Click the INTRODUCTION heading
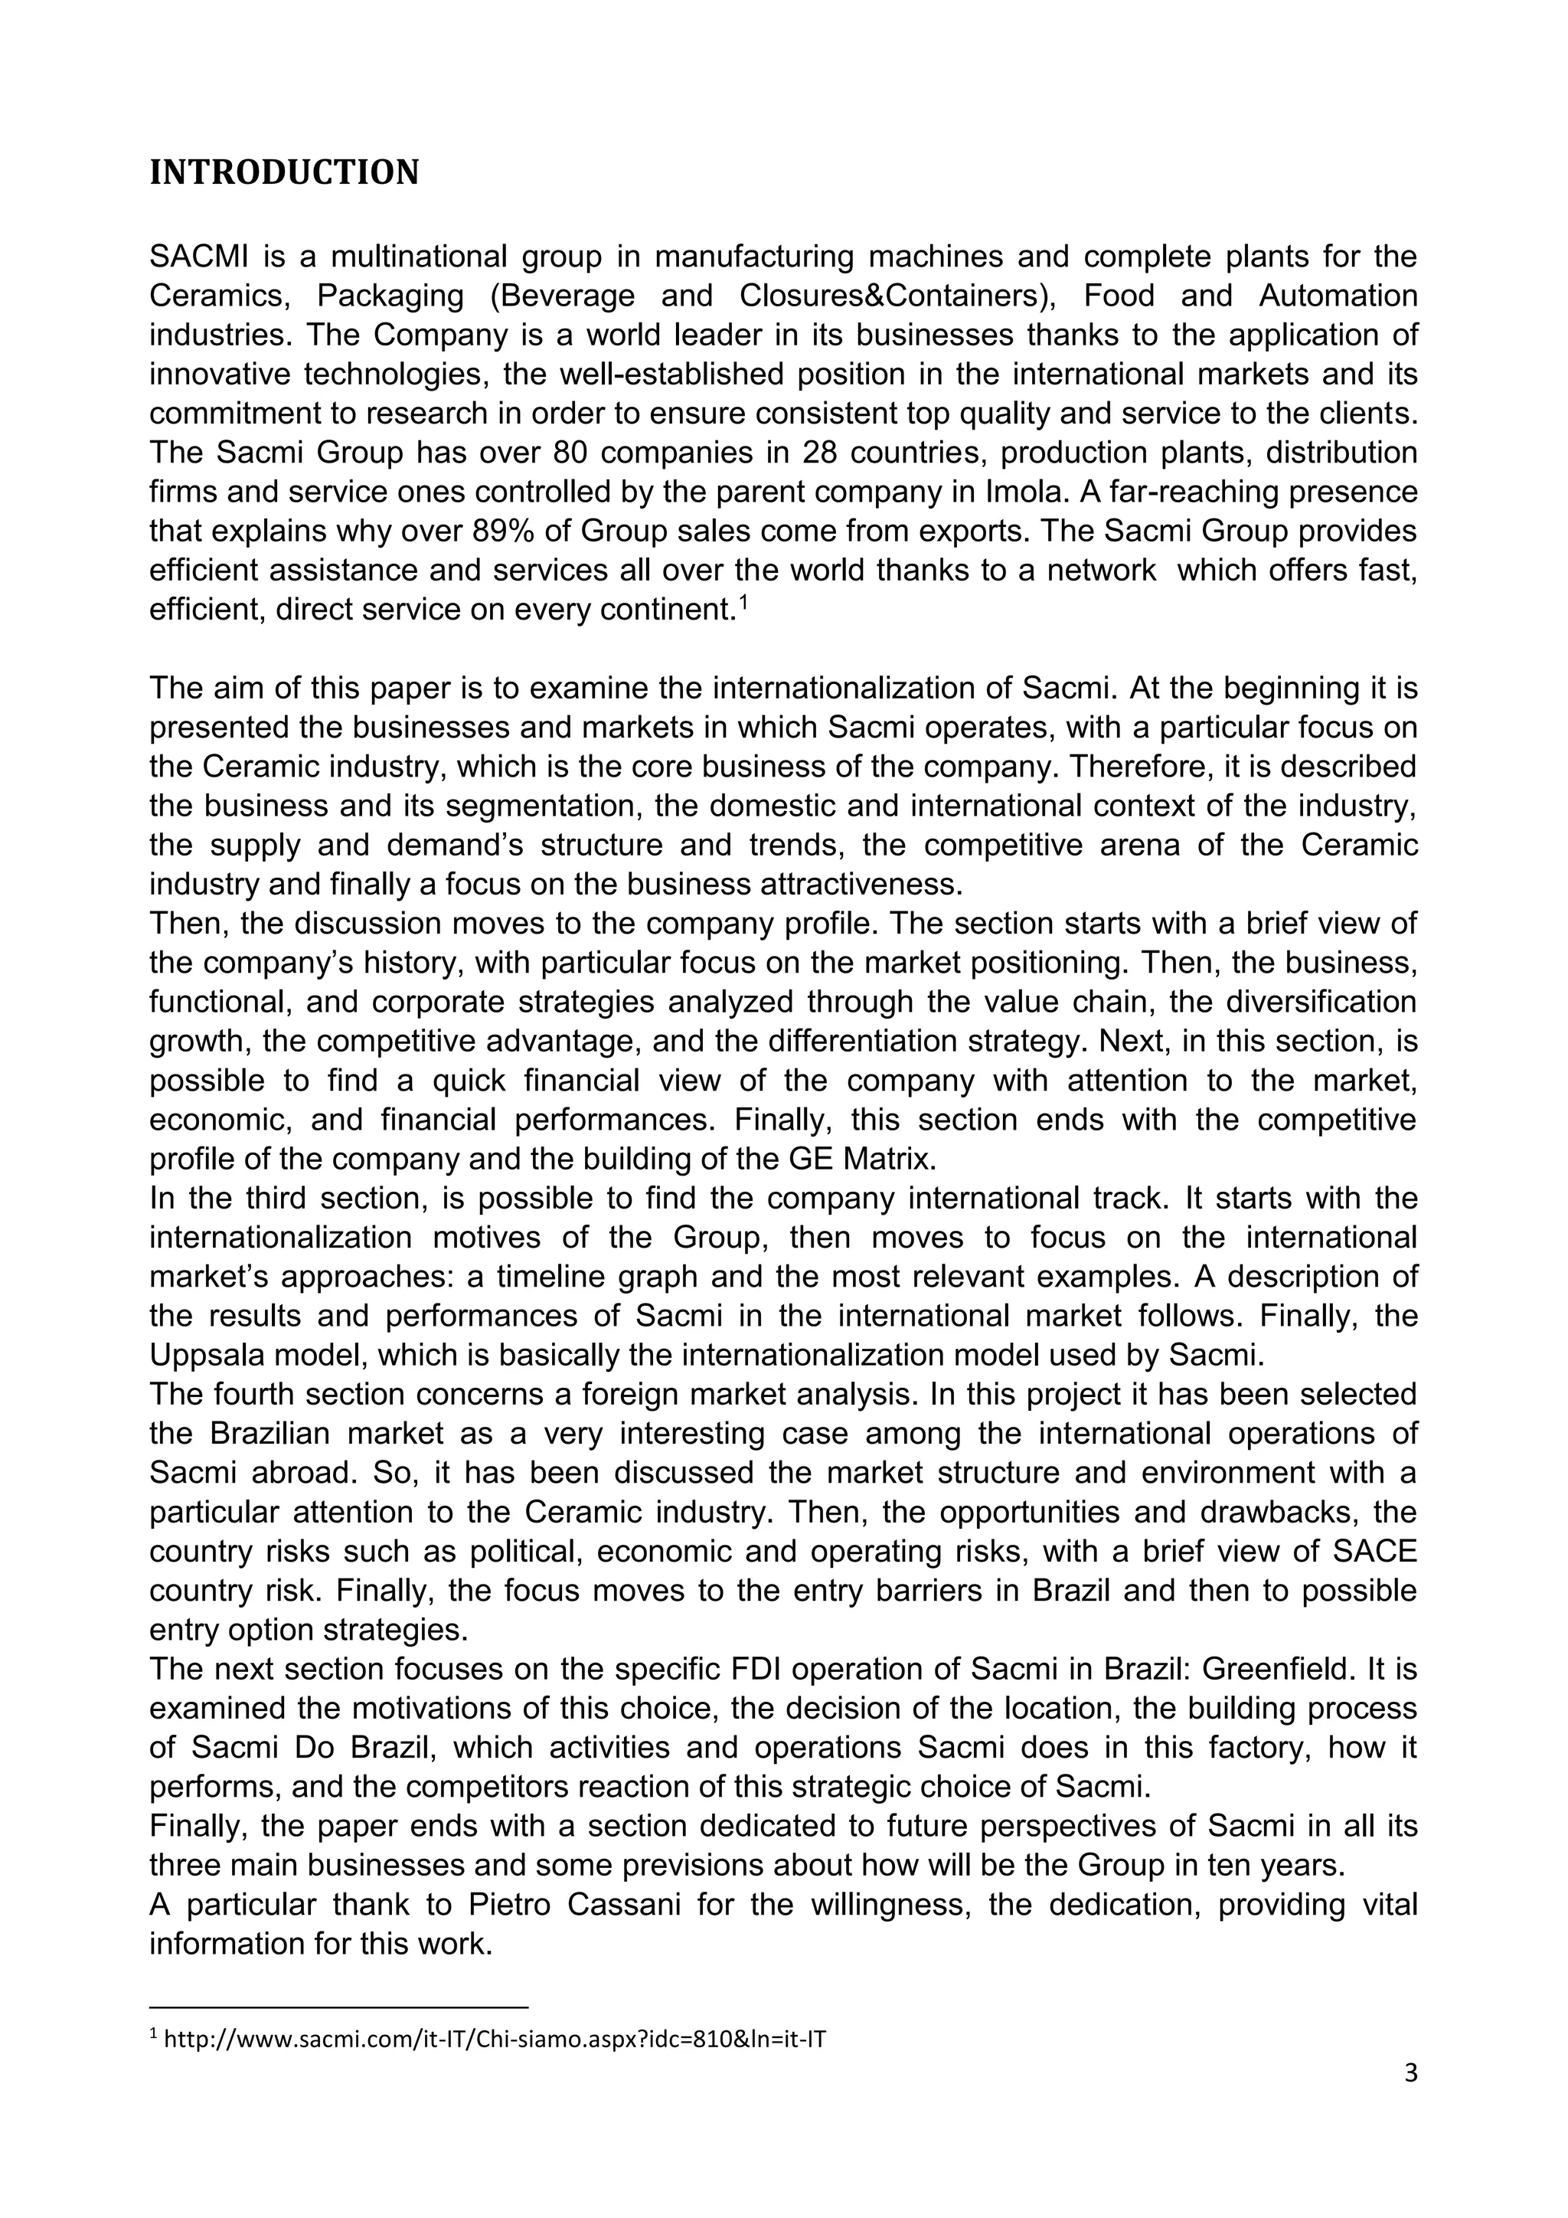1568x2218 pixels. coord(284,173)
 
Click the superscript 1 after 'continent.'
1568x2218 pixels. coord(743,603)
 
